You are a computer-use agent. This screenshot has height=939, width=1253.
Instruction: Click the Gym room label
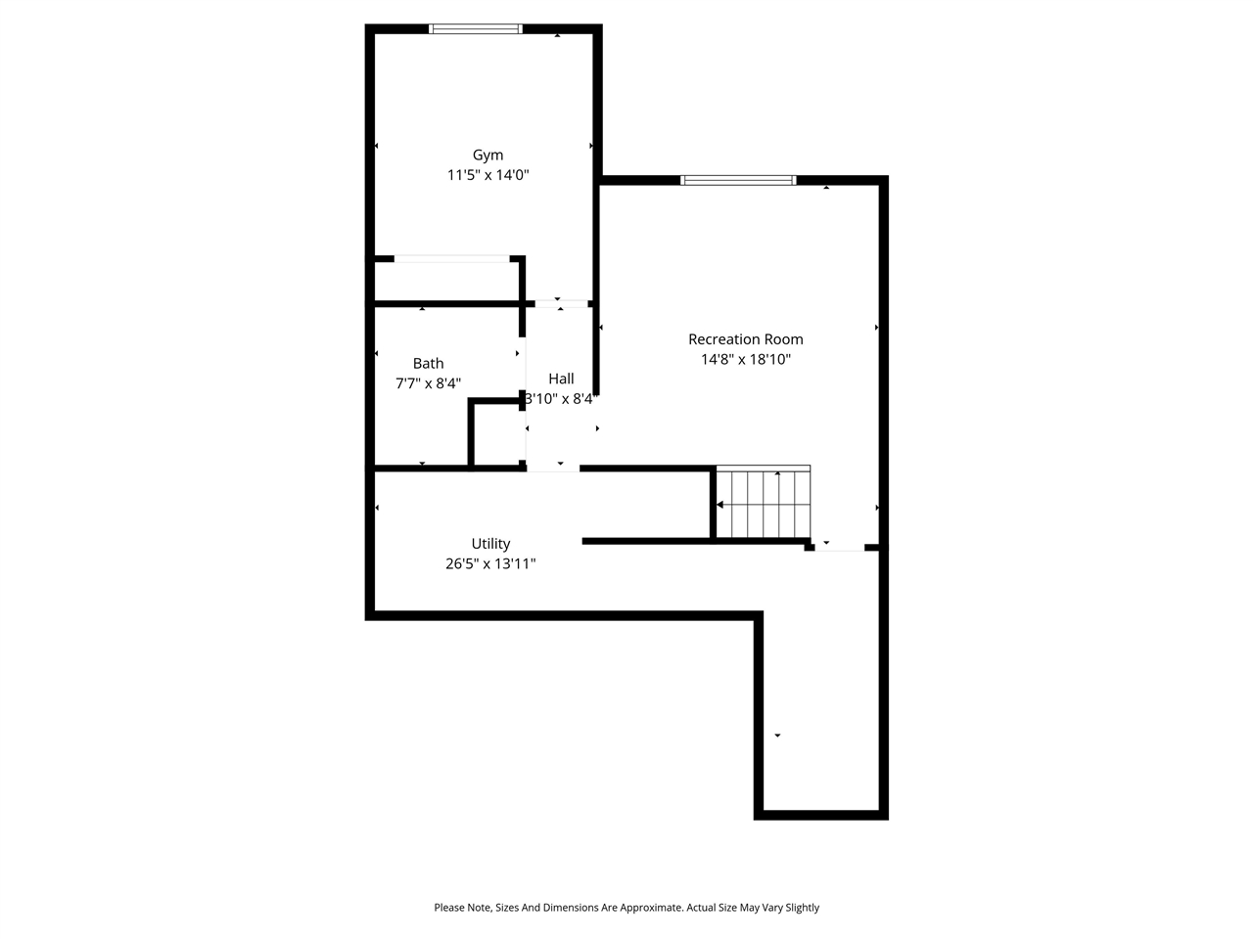click(487, 155)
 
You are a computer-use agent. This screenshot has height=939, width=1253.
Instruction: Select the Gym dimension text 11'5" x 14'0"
click(487, 175)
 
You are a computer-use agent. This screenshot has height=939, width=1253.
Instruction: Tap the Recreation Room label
click(745, 339)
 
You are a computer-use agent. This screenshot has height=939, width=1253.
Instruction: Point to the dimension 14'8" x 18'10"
click(745, 359)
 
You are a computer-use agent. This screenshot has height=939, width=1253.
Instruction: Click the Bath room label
click(428, 363)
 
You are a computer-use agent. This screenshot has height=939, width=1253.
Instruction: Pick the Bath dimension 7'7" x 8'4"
click(428, 383)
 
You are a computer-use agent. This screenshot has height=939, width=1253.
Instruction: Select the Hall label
click(561, 379)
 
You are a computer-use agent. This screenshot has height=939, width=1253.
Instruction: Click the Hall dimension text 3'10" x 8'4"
click(561, 399)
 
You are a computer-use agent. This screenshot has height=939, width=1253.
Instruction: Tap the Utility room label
click(490, 544)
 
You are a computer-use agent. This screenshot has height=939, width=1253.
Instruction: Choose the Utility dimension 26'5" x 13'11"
click(490, 563)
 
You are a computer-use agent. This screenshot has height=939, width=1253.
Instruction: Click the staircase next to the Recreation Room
click(764, 504)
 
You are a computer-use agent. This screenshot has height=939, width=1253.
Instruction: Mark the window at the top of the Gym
click(477, 29)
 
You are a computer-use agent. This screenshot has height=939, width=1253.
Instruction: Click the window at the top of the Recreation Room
click(738, 180)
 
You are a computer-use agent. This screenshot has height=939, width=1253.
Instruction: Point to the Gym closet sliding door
click(451, 259)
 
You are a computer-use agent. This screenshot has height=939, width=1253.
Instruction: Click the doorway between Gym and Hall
click(560, 304)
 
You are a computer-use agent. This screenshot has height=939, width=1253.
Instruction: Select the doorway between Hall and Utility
click(553, 469)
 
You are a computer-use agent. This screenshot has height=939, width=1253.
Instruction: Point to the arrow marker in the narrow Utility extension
click(778, 735)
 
